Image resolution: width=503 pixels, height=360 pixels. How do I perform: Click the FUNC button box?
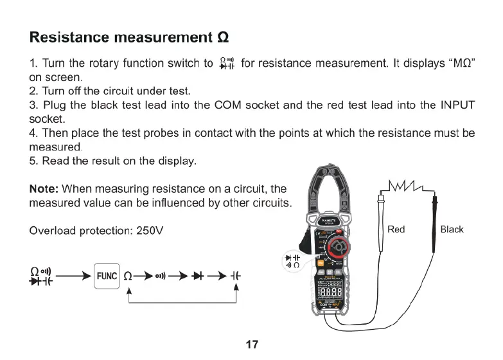tap(107, 276)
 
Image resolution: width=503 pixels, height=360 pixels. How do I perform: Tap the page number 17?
tap(252, 344)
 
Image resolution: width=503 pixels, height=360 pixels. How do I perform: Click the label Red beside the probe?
tap(396, 230)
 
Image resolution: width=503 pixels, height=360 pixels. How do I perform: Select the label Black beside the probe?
tap(452, 230)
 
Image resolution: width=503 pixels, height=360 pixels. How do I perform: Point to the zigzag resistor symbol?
tap(406, 186)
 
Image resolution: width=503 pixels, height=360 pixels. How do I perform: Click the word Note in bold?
tap(44, 189)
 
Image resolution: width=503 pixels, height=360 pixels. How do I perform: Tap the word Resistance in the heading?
tap(69, 37)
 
